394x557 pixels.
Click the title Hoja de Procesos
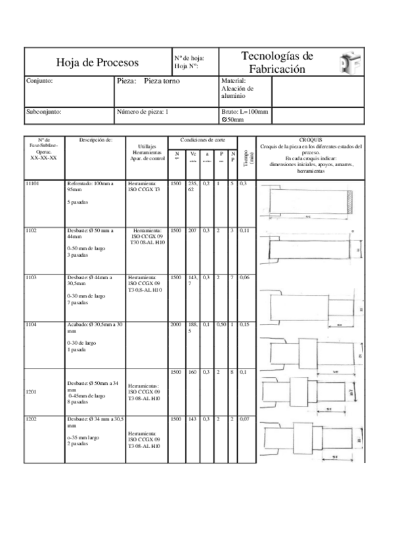(97, 63)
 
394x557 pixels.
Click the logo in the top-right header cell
(349, 63)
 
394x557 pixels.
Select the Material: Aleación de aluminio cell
(238, 88)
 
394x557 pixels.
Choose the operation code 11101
(32, 184)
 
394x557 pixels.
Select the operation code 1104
(31, 324)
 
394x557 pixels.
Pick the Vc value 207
(192, 231)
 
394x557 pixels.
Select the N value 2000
(176, 324)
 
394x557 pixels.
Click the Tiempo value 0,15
(244, 324)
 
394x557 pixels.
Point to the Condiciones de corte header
(203, 140)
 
